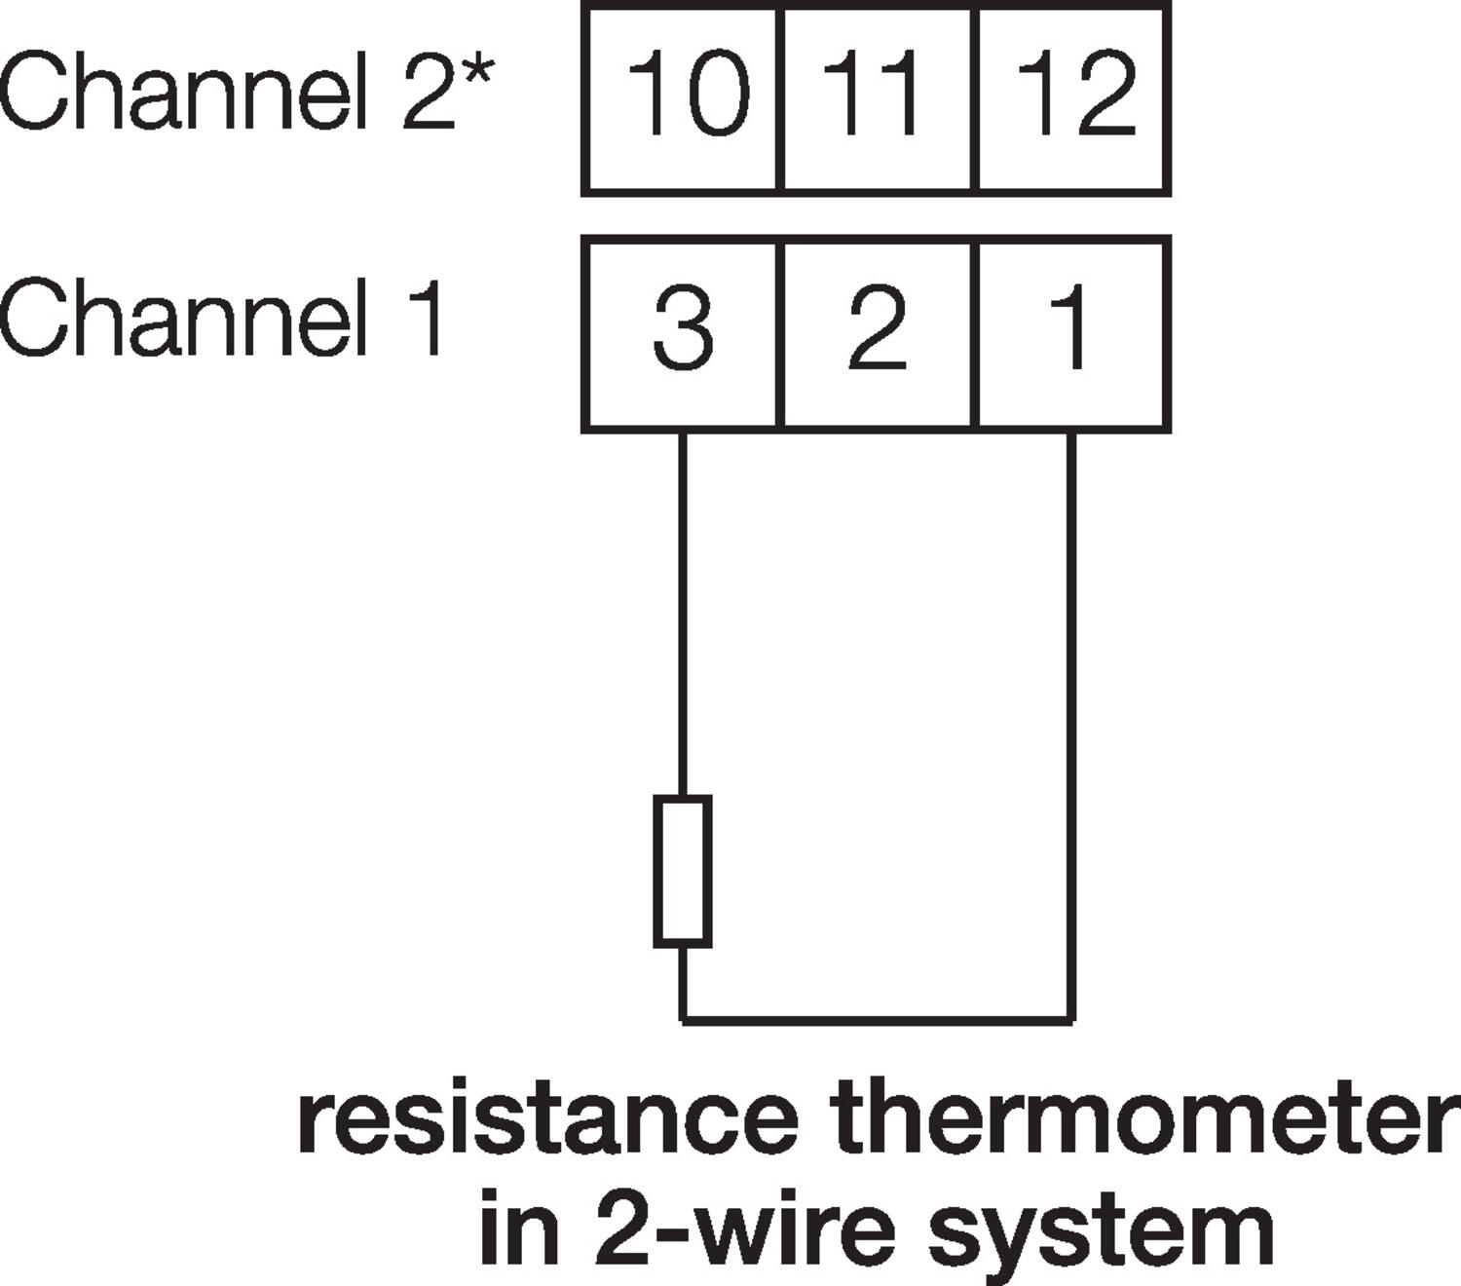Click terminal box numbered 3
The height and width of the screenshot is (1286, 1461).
pyautogui.click(x=682, y=333)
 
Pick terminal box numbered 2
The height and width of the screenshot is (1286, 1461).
pyautogui.click(x=876, y=333)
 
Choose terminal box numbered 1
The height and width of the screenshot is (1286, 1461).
pyautogui.click(x=1071, y=333)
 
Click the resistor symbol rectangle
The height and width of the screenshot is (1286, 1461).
pyautogui.click(x=682, y=870)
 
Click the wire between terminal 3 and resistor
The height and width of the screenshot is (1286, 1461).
pyautogui.click(x=682, y=614)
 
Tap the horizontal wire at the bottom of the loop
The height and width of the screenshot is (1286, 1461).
pyautogui.click(x=877, y=1020)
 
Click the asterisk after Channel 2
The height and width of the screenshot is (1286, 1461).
pyautogui.click(x=476, y=74)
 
